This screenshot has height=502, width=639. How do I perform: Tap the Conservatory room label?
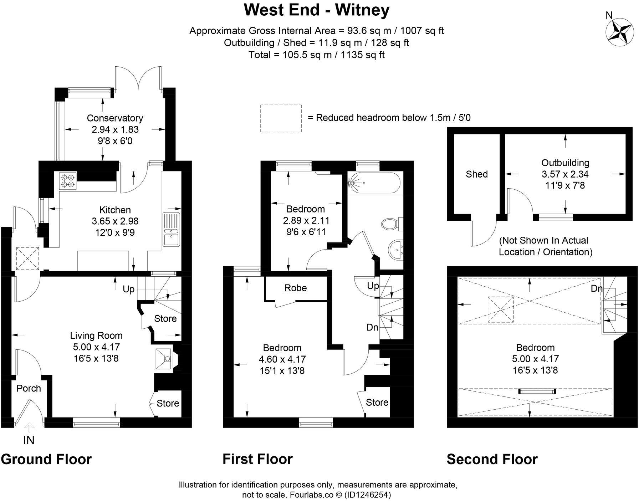tap(115, 118)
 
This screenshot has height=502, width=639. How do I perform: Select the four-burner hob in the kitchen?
tap(68, 180)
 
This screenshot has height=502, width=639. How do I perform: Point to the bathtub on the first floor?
tap(373, 183)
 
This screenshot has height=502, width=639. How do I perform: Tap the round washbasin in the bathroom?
tap(396, 249)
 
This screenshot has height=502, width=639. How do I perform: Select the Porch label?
tap(29, 388)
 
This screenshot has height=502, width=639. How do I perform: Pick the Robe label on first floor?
tap(295, 288)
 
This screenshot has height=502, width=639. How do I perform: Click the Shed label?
tap(476, 174)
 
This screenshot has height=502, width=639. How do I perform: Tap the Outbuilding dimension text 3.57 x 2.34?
tap(565, 174)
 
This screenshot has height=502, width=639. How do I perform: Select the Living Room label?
tap(96, 335)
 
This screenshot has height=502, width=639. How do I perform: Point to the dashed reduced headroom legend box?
tap(281, 118)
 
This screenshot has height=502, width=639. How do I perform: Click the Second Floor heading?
tap(492, 459)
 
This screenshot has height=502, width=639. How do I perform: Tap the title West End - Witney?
tap(316, 10)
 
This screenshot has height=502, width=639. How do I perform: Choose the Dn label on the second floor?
tap(596, 288)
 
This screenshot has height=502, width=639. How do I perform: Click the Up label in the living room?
tap(128, 289)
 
